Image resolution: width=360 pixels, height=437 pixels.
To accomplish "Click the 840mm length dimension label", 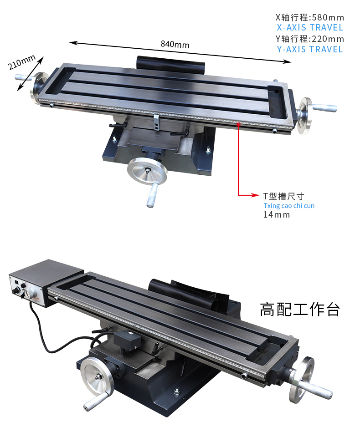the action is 175,44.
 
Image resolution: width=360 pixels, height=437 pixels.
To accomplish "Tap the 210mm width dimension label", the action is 22,62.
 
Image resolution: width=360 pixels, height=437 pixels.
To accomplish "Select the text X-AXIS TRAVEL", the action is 310,28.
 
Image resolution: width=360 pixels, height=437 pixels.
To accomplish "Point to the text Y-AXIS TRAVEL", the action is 310,49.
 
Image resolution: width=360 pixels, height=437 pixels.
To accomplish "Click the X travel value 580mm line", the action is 310,17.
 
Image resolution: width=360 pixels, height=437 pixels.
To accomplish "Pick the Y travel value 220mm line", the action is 310,39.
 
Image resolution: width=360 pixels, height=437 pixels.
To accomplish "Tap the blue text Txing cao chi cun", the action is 289,206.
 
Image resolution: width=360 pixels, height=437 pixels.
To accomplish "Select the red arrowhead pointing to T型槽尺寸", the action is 255,195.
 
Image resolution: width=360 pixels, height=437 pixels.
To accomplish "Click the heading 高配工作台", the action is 300,310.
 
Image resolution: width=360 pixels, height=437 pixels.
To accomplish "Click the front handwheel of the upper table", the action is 147,171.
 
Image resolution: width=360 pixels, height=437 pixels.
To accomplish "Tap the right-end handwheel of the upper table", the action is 305,116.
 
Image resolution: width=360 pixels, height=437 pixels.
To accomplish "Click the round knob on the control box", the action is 29,293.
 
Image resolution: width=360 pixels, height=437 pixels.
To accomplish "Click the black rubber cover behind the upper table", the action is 170,65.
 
